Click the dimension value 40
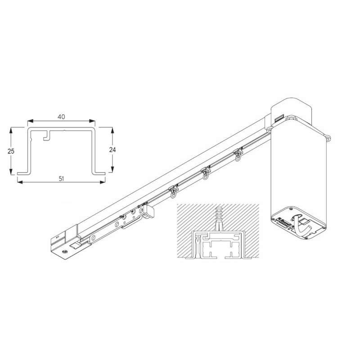point(61,117)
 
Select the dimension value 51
point(62,178)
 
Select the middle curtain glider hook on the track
point(206,173)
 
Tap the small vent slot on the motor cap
point(278,119)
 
